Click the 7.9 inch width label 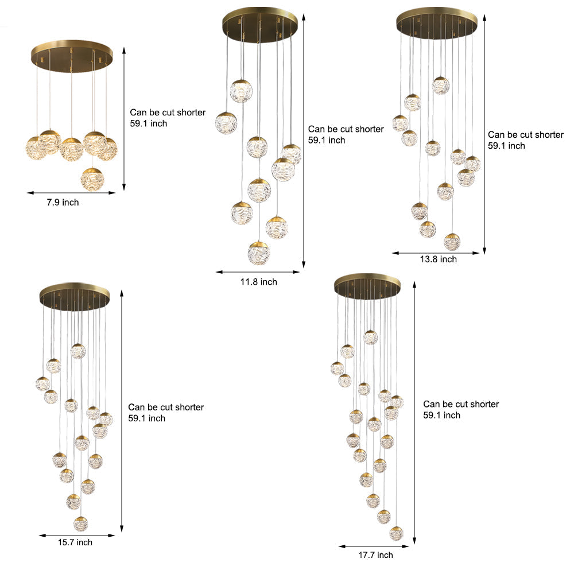(63, 203)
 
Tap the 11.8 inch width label (258, 282)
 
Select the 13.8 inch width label (439, 259)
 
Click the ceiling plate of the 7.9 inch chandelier (72, 55)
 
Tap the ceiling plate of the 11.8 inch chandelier (260, 23)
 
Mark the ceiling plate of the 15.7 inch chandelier (75, 294)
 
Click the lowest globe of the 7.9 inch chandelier (92, 179)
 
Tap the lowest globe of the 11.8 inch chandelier (258, 253)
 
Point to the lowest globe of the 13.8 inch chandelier (452, 242)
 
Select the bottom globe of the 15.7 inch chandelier (81, 523)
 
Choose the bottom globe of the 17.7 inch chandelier (396, 533)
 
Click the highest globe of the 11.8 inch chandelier (241, 91)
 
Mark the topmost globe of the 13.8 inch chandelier (440, 86)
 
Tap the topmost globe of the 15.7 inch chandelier (78, 351)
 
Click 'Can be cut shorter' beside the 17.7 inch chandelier (461, 404)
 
